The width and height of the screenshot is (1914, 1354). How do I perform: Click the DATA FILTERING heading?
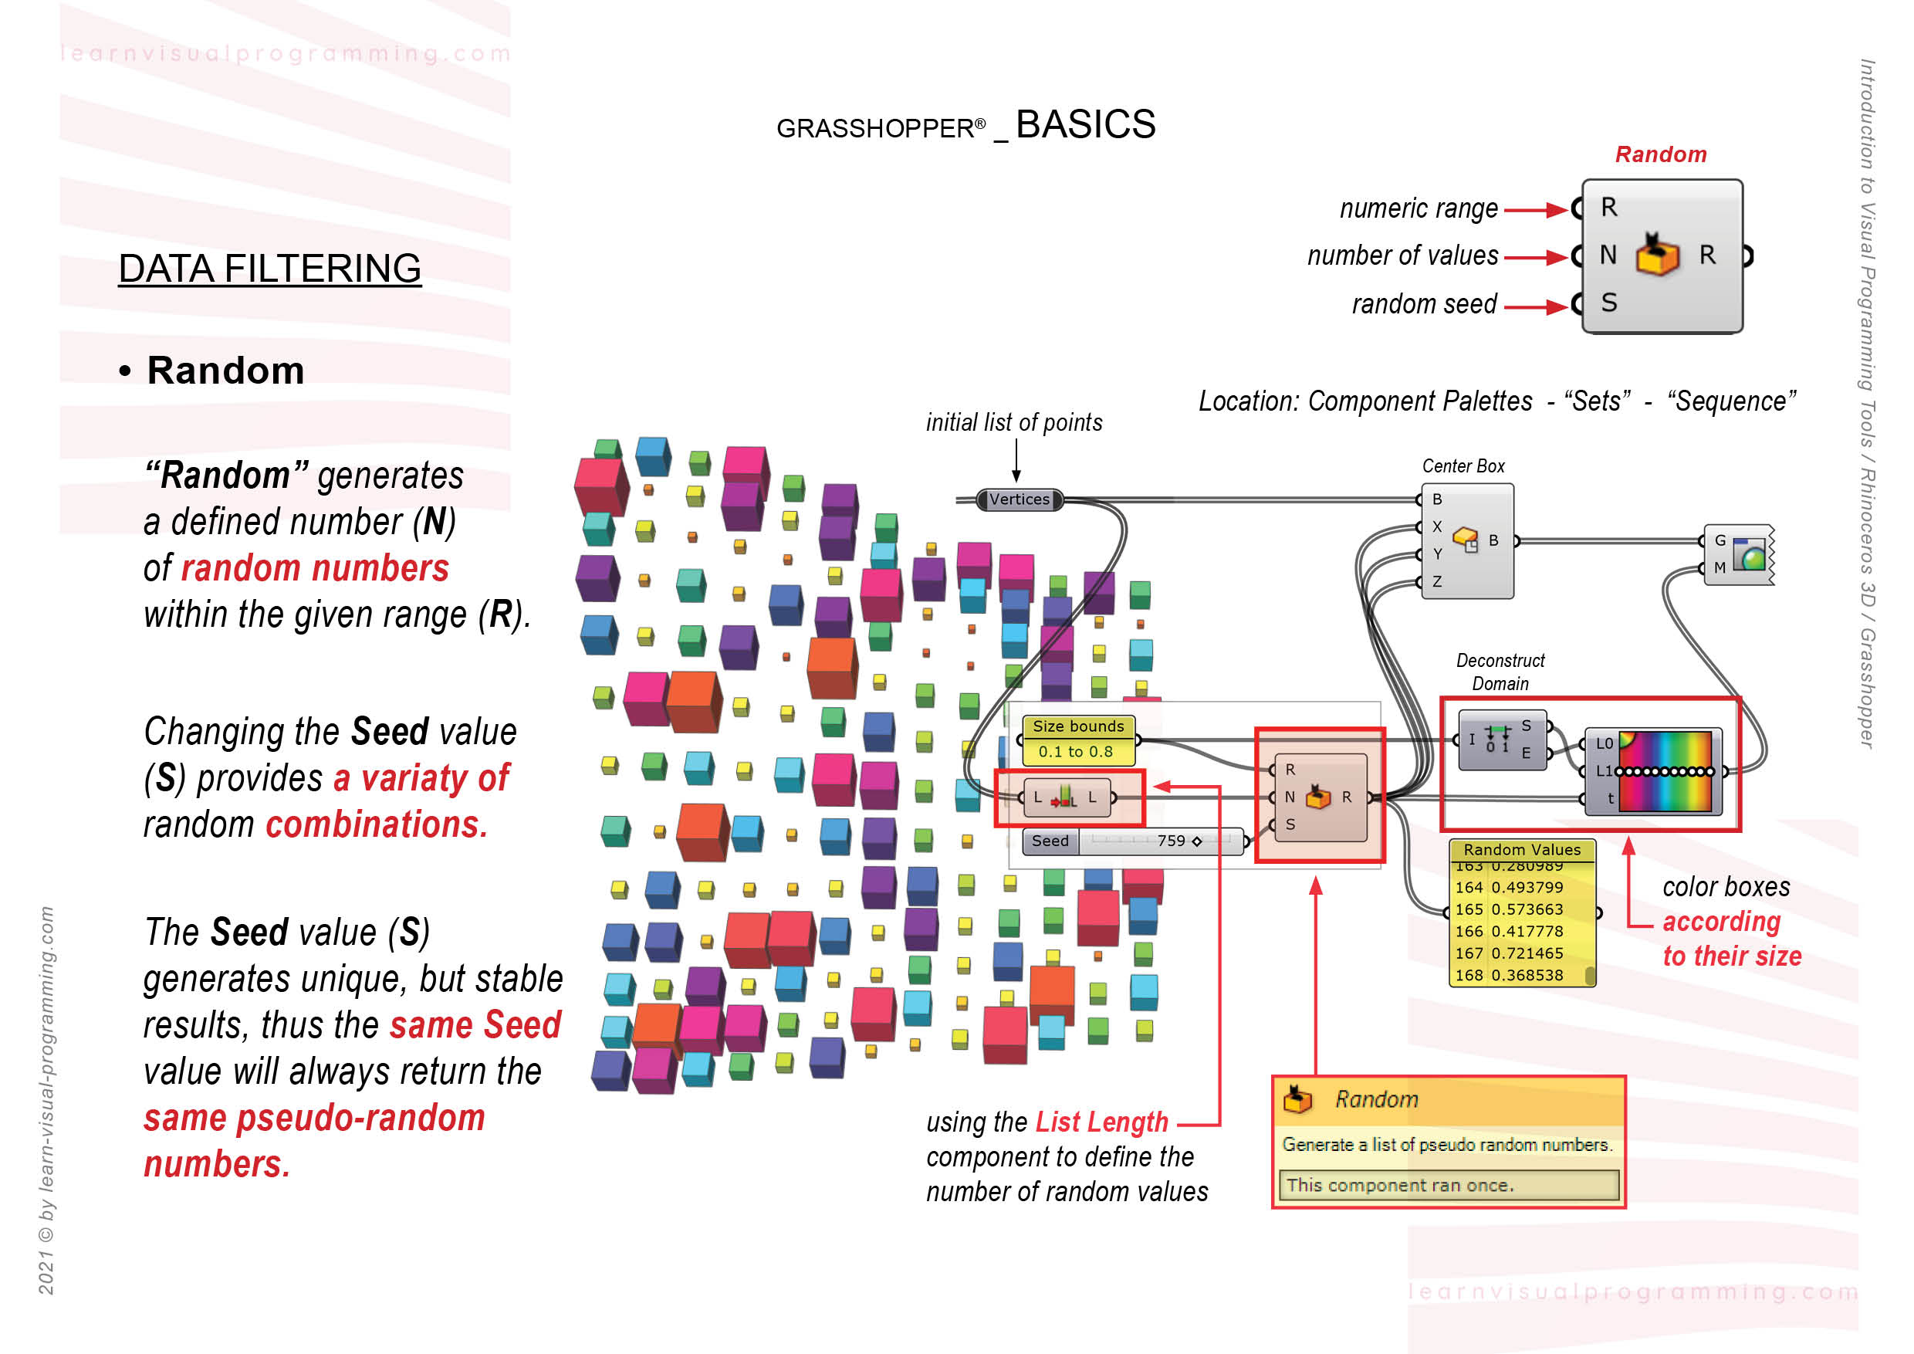pos(269,269)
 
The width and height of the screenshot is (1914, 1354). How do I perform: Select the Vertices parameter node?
pos(1019,499)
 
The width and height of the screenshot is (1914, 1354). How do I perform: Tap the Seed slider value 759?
pos(1171,841)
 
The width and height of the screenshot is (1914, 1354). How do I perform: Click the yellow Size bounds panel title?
pos(1078,726)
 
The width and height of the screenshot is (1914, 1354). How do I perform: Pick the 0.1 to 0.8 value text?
pos(1075,751)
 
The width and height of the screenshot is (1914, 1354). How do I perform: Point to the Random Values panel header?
pos(1521,850)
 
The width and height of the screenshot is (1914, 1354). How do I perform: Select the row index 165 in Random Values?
pos(1468,909)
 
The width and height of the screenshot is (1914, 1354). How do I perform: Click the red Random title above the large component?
pos(1660,154)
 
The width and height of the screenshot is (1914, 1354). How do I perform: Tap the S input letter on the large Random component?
pos(1609,303)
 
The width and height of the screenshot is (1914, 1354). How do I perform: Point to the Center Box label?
pos(1463,466)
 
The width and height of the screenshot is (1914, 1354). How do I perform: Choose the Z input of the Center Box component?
pos(1437,582)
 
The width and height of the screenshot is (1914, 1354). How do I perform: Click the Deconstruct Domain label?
pos(1500,672)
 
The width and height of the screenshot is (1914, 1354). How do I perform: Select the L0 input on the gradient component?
pos(1604,743)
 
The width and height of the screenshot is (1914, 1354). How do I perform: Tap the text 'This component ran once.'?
pos(1400,1185)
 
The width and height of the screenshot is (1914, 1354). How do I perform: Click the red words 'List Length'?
pos(1101,1122)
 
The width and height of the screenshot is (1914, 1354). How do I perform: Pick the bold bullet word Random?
pos(225,371)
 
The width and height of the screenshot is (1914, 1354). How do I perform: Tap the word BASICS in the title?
pos(1084,125)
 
